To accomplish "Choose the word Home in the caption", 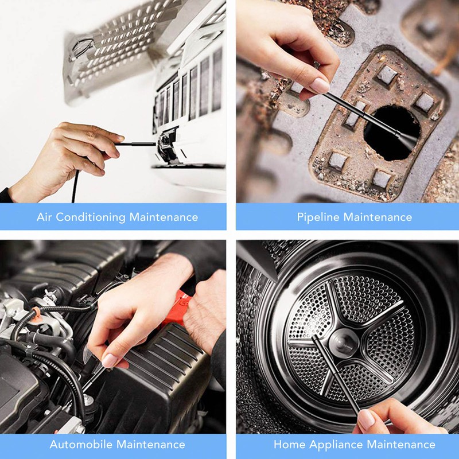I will [289, 445].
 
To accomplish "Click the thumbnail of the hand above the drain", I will [320, 85].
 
